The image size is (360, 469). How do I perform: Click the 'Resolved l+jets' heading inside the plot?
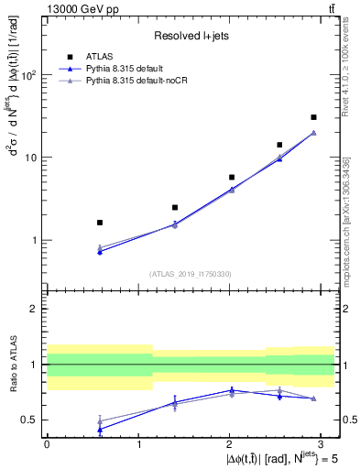click(x=191, y=36)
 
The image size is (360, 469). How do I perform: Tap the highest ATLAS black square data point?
click(x=313, y=117)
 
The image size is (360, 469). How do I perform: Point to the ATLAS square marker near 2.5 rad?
click(x=279, y=145)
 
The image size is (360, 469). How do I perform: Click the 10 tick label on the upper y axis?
click(x=33, y=158)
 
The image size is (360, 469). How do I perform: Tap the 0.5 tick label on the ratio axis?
click(x=31, y=420)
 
